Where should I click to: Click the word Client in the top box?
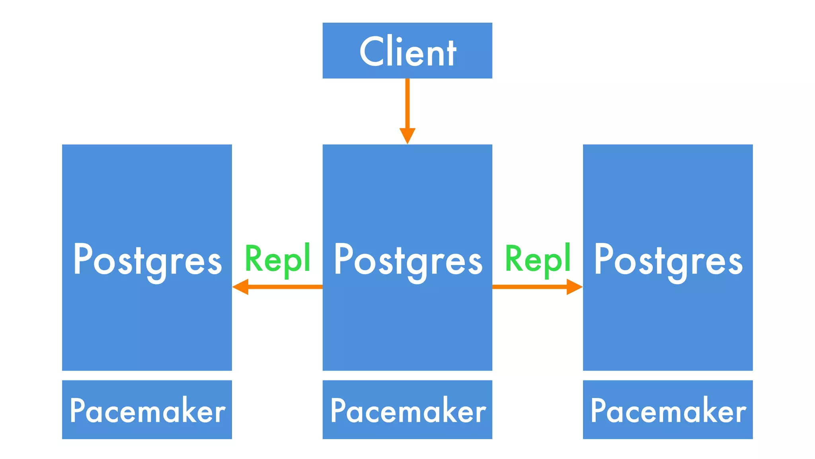point(407,52)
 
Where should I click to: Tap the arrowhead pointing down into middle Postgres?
point(407,135)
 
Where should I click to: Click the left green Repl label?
point(277,259)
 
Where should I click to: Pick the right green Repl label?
point(538,259)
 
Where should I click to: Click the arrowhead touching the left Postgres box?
point(241,287)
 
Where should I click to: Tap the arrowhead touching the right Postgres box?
point(574,287)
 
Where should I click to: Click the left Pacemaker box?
point(147,410)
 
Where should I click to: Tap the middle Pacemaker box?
point(407,410)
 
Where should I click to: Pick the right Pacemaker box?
point(668,410)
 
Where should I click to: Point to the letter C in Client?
point(373,51)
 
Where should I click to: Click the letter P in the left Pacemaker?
point(78,410)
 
